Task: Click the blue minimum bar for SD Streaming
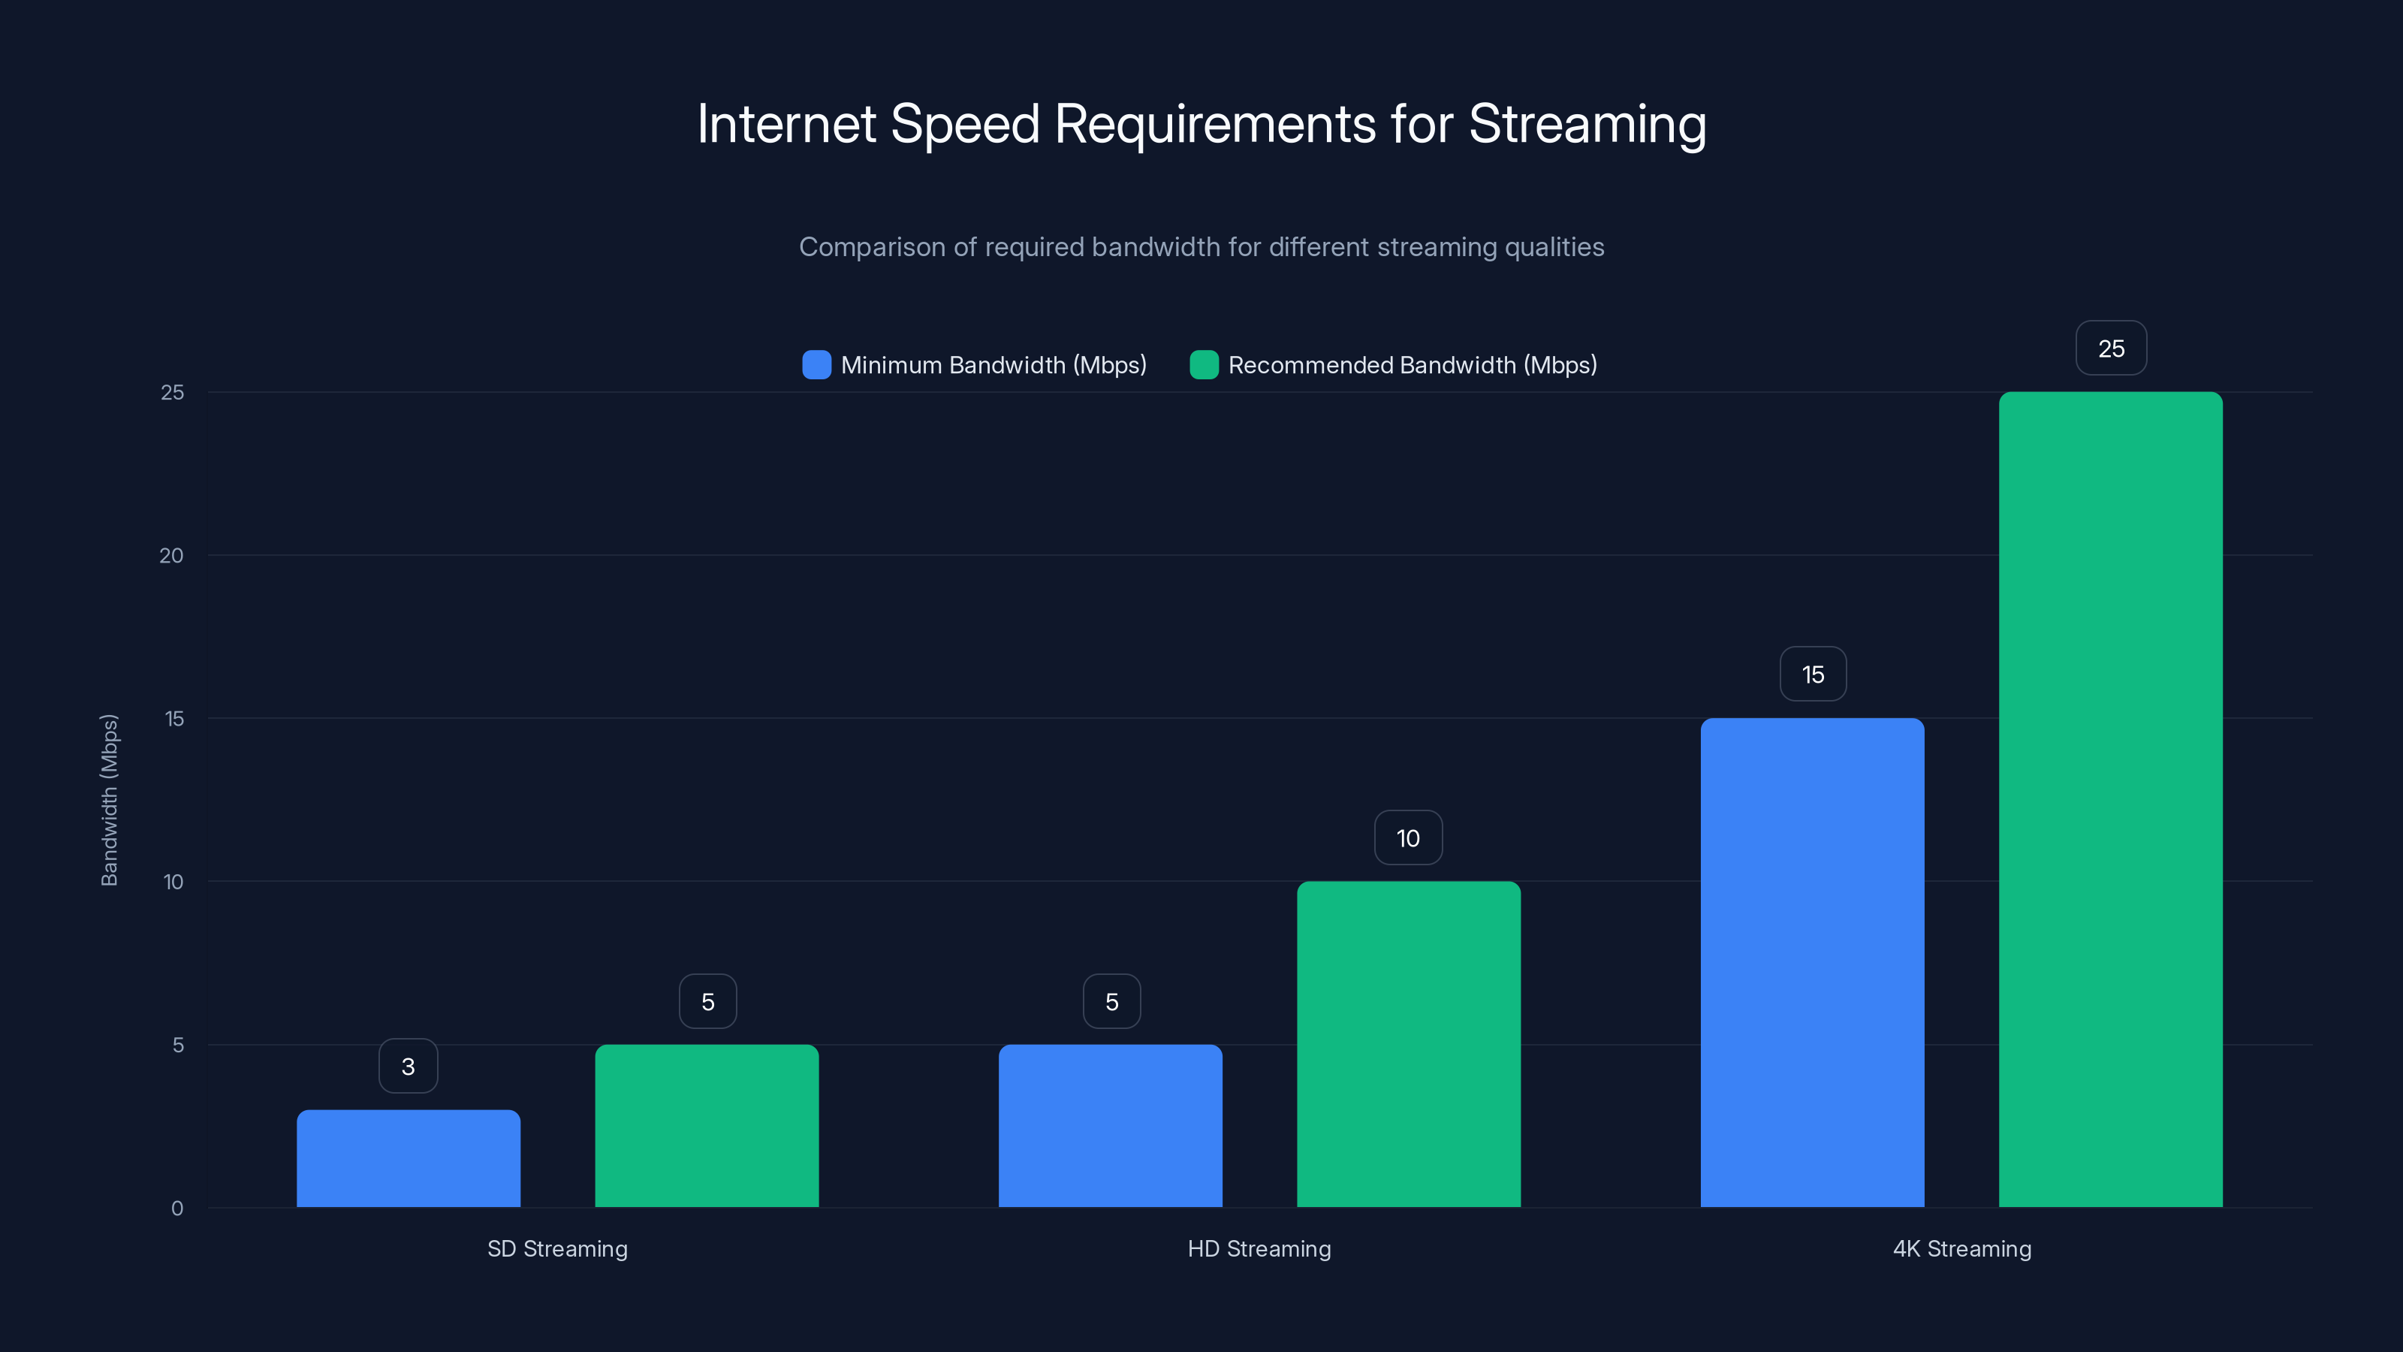[x=409, y=1158]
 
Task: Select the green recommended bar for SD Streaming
[x=707, y=1125]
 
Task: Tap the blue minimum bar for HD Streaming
[x=1110, y=1125]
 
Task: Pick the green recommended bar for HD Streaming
[x=1409, y=1044]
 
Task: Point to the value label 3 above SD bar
[x=409, y=1067]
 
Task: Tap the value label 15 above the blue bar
[x=1813, y=674]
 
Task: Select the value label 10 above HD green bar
[x=1408, y=838]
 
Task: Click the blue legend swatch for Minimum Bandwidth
[x=816, y=365]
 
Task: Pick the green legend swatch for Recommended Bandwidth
[x=1203, y=365]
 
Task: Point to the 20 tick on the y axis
[x=172, y=556]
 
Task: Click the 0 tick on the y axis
[x=177, y=1209]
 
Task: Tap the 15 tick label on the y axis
[x=173, y=719]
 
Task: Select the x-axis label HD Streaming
[x=1259, y=1248]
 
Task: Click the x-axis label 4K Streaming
[x=1961, y=1248]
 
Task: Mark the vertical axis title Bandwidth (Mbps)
[x=109, y=800]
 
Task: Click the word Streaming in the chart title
[x=1587, y=124]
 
